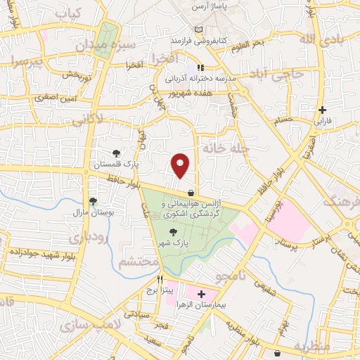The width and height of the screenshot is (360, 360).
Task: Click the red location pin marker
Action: pos(181,165)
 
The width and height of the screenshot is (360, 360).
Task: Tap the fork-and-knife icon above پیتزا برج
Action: pos(161,279)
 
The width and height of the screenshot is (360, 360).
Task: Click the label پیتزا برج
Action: pos(161,290)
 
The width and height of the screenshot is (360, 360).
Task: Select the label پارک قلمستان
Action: pos(116,165)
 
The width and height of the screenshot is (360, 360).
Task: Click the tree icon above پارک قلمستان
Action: pos(117,152)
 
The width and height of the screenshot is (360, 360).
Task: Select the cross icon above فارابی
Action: pos(322,109)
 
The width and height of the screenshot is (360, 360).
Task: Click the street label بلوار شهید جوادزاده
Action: pos(36,252)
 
